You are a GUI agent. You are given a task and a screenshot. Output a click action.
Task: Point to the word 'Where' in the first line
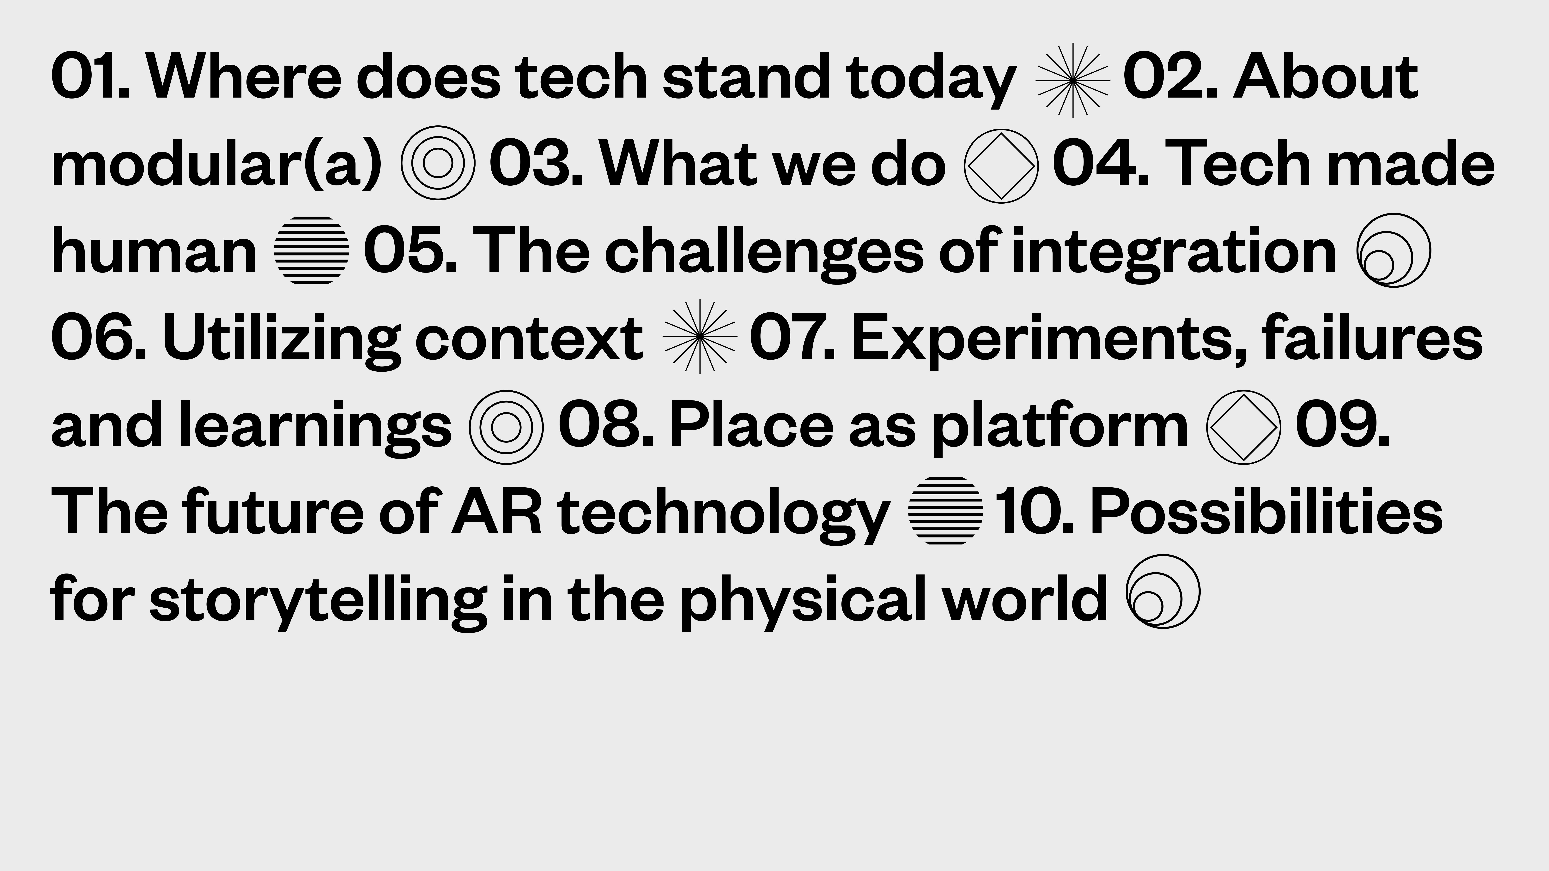pyautogui.click(x=244, y=77)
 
